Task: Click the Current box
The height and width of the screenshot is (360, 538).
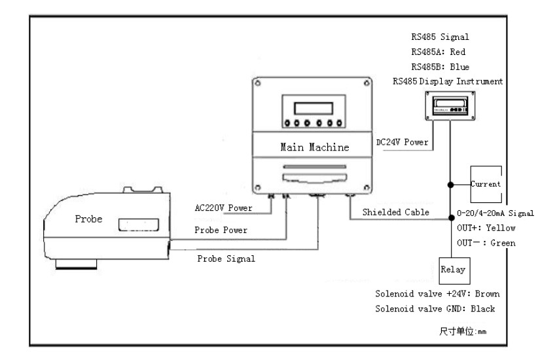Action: (485, 184)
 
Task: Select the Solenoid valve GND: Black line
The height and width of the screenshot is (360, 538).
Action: (435, 308)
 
